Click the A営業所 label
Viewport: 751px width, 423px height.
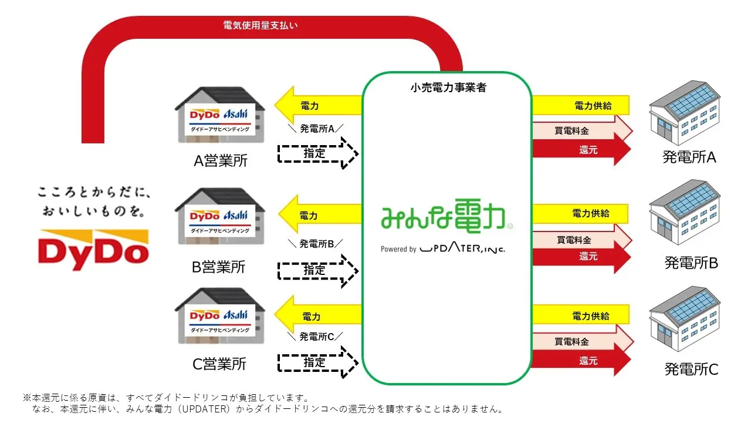click(220, 161)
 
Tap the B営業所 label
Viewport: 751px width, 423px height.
click(219, 267)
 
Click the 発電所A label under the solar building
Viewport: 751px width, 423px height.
click(689, 157)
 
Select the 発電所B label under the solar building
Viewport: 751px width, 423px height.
click(691, 263)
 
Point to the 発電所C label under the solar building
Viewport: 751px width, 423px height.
click(691, 370)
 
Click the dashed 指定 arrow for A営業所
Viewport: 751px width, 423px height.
click(317, 153)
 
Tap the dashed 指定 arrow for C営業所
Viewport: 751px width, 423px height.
click(317, 362)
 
